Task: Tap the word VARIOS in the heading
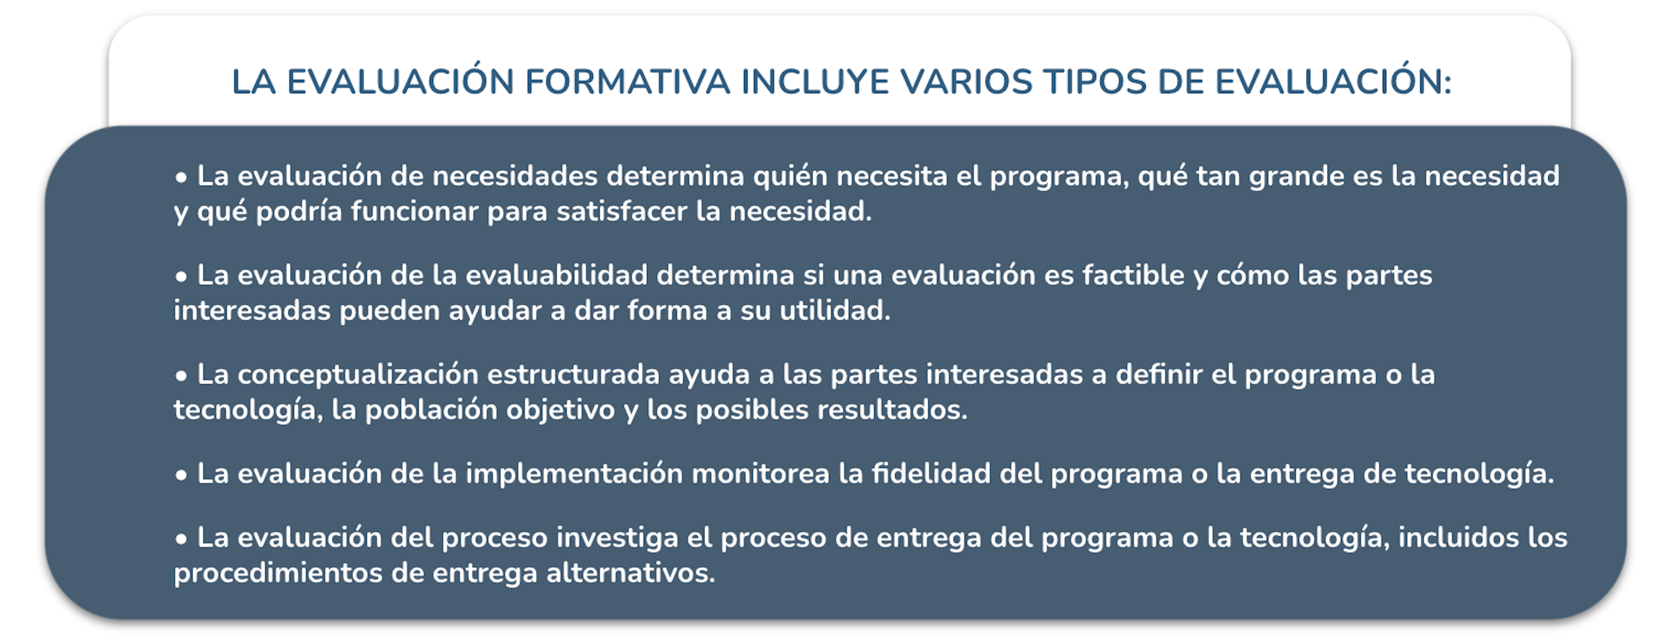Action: pyautogui.click(x=967, y=82)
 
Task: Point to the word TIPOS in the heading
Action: pyautogui.click(x=1096, y=82)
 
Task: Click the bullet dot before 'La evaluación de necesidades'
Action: pyautogui.click(x=181, y=177)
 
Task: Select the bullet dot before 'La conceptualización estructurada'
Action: pyautogui.click(x=181, y=376)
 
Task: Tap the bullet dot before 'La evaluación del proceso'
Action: pyautogui.click(x=181, y=539)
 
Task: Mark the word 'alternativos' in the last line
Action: pyautogui.click(x=630, y=574)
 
